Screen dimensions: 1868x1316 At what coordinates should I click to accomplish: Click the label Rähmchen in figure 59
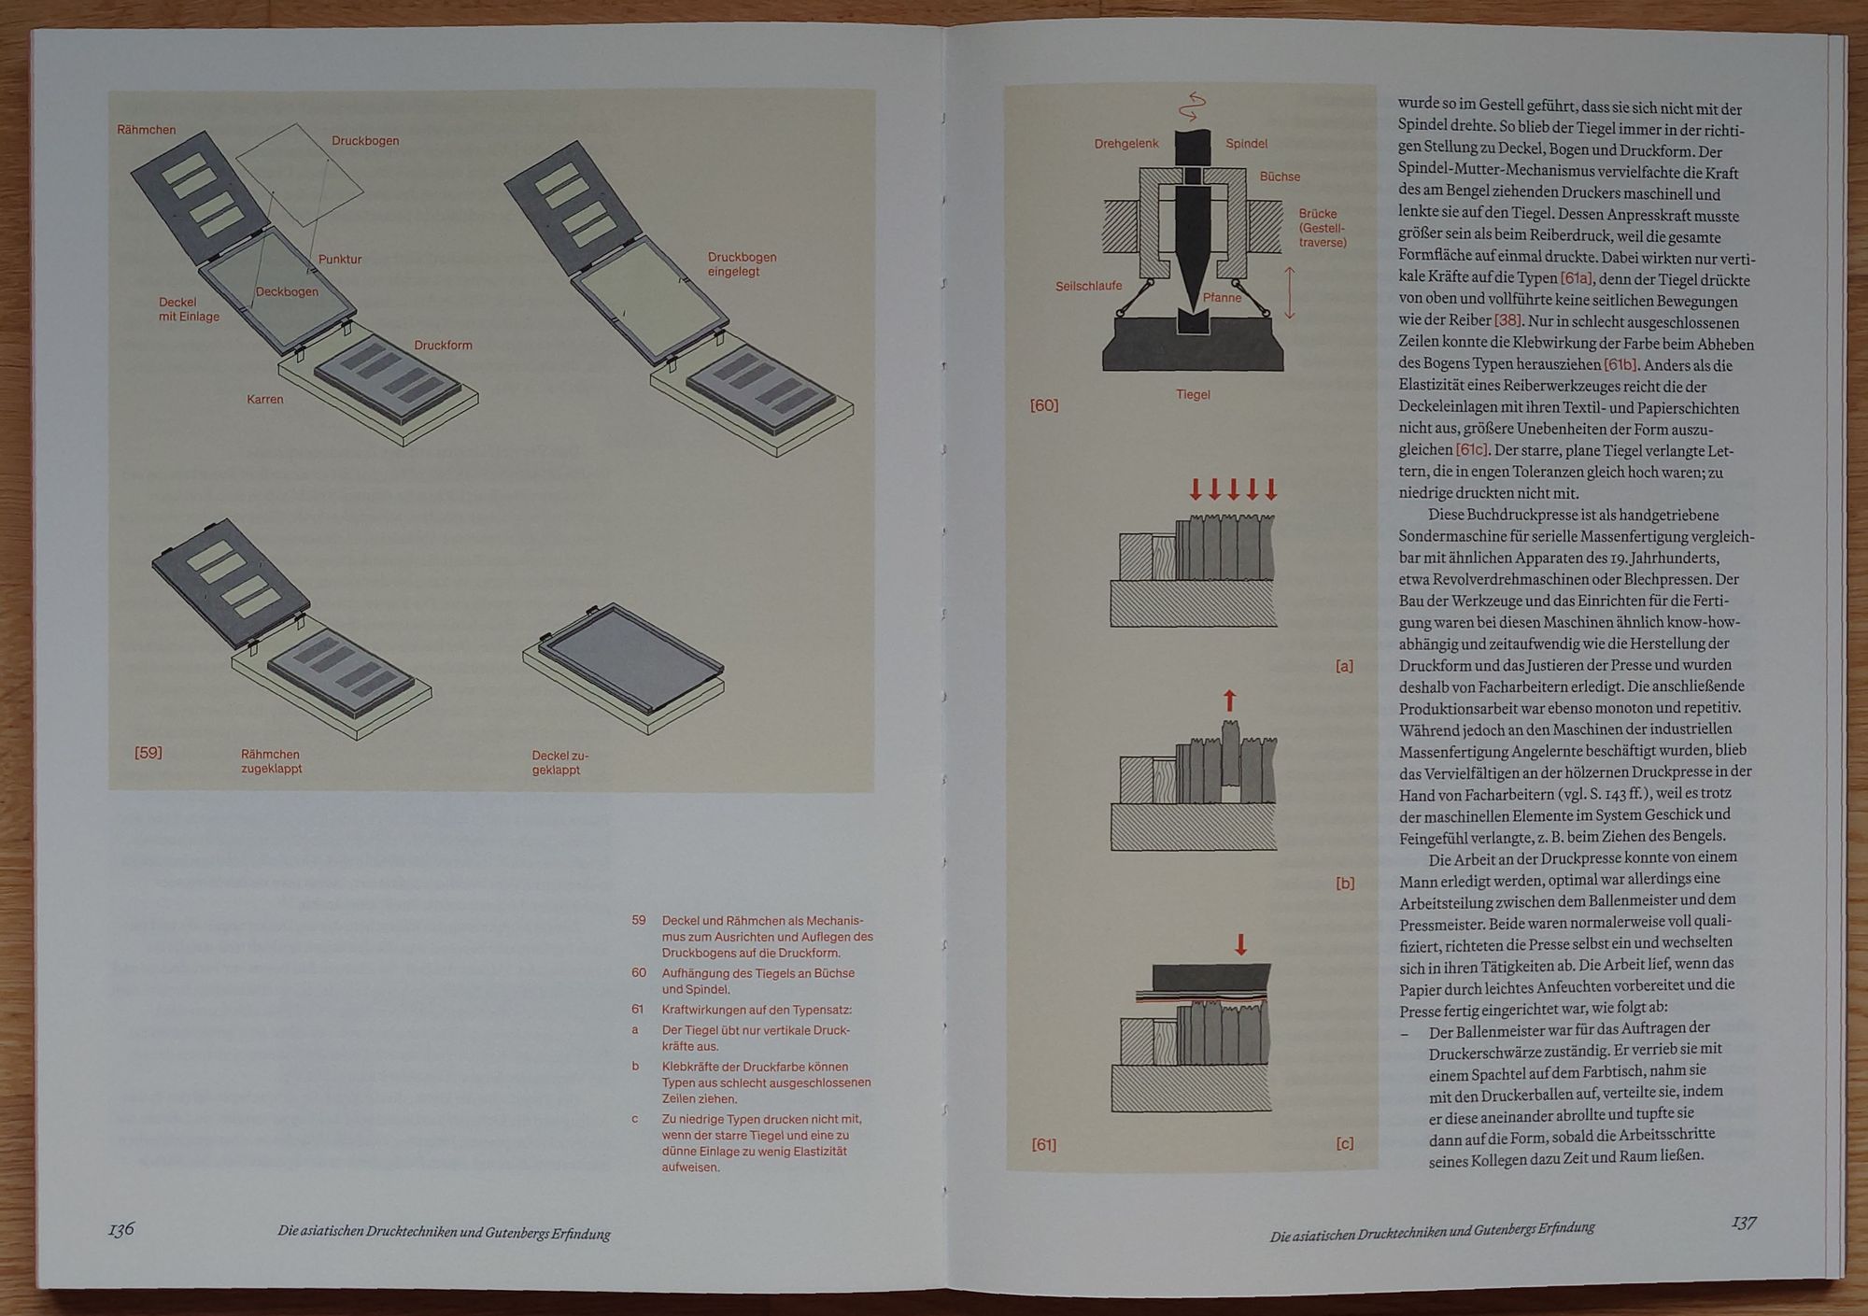tap(147, 130)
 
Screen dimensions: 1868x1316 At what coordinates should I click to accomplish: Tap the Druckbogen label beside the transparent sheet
tap(365, 141)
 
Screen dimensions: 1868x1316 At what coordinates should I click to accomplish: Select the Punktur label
tap(340, 259)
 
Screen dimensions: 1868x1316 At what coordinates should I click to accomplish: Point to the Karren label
tap(265, 400)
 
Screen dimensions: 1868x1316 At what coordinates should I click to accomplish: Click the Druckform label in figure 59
tap(444, 346)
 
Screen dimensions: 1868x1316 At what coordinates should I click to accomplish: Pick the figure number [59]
tap(149, 753)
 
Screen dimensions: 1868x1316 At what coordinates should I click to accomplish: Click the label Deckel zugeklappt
tap(560, 763)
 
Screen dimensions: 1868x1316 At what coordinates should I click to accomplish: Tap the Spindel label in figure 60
tap(1247, 144)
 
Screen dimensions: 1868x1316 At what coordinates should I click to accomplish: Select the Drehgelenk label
tap(1126, 144)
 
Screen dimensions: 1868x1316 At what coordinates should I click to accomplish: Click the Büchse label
tap(1280, 177)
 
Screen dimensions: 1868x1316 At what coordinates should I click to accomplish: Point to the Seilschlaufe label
tap(1089, 286)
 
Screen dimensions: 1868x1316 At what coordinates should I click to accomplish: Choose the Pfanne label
tap(1223, 298)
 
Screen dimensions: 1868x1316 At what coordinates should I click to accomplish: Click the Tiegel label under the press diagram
tap(1193, 395)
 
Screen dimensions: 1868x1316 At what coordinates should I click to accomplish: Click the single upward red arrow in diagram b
tap(1229, 701)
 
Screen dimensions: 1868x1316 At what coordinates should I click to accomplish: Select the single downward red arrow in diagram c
tap(1240, 944)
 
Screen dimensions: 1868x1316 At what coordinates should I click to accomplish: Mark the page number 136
tap(121, 1230)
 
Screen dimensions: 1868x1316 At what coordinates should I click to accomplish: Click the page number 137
tap(1744, 1223)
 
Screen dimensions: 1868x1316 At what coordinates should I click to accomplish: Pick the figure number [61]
tap(1043, 1144)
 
